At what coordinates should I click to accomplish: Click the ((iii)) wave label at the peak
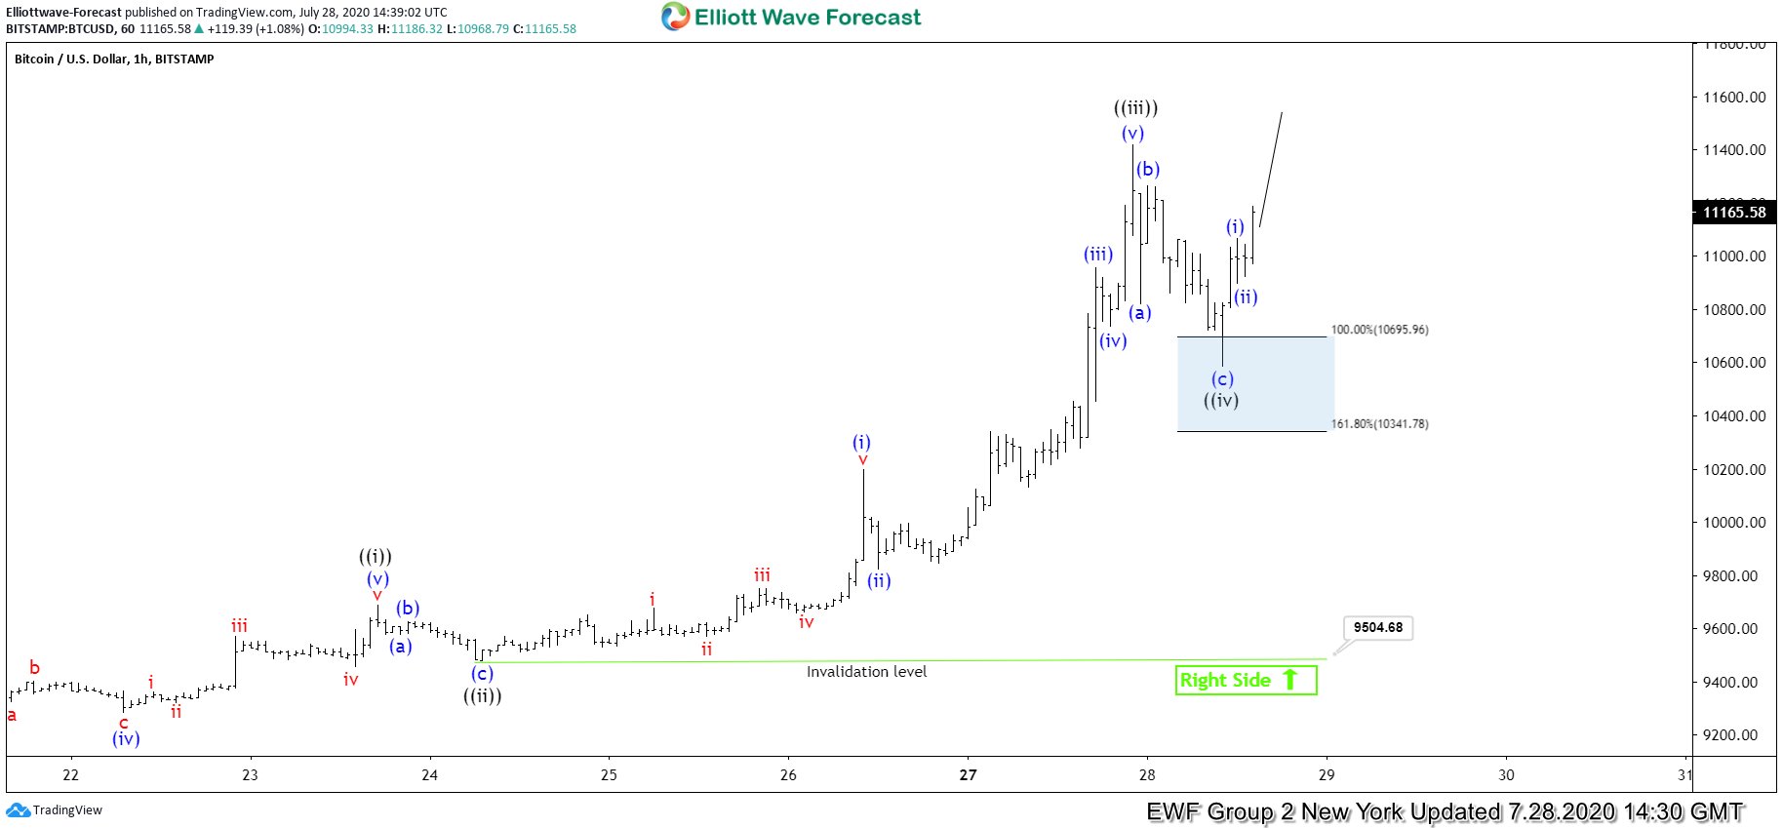1135,108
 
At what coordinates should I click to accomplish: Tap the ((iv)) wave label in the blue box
1221,400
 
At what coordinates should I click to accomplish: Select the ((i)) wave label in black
376,557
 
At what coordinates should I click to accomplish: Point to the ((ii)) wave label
482,695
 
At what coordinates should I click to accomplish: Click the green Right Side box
1246,680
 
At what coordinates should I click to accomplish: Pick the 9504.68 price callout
1377,627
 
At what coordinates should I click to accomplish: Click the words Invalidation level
866,671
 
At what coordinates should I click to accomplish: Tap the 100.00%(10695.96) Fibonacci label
1379,330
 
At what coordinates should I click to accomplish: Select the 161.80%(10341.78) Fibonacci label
1379,424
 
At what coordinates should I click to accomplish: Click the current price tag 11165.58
1733,213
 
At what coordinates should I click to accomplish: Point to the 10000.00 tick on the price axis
1733,523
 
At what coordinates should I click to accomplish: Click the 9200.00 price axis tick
1733,735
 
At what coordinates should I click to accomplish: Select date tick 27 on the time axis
968,775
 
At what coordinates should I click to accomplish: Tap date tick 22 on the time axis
70,775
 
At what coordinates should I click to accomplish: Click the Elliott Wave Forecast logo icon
675,17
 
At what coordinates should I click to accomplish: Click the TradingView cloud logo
18,810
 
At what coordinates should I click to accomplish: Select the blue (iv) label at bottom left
126,739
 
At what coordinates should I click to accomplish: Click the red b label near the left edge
34,668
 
